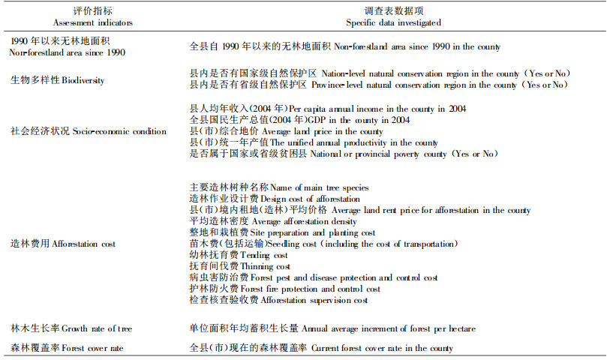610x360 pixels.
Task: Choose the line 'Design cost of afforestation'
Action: pos(275,199)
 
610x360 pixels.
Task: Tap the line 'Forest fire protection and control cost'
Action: pos(284,289)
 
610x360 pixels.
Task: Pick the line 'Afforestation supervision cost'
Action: pos(279,300)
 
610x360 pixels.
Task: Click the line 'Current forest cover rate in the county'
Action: pos(322,348)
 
